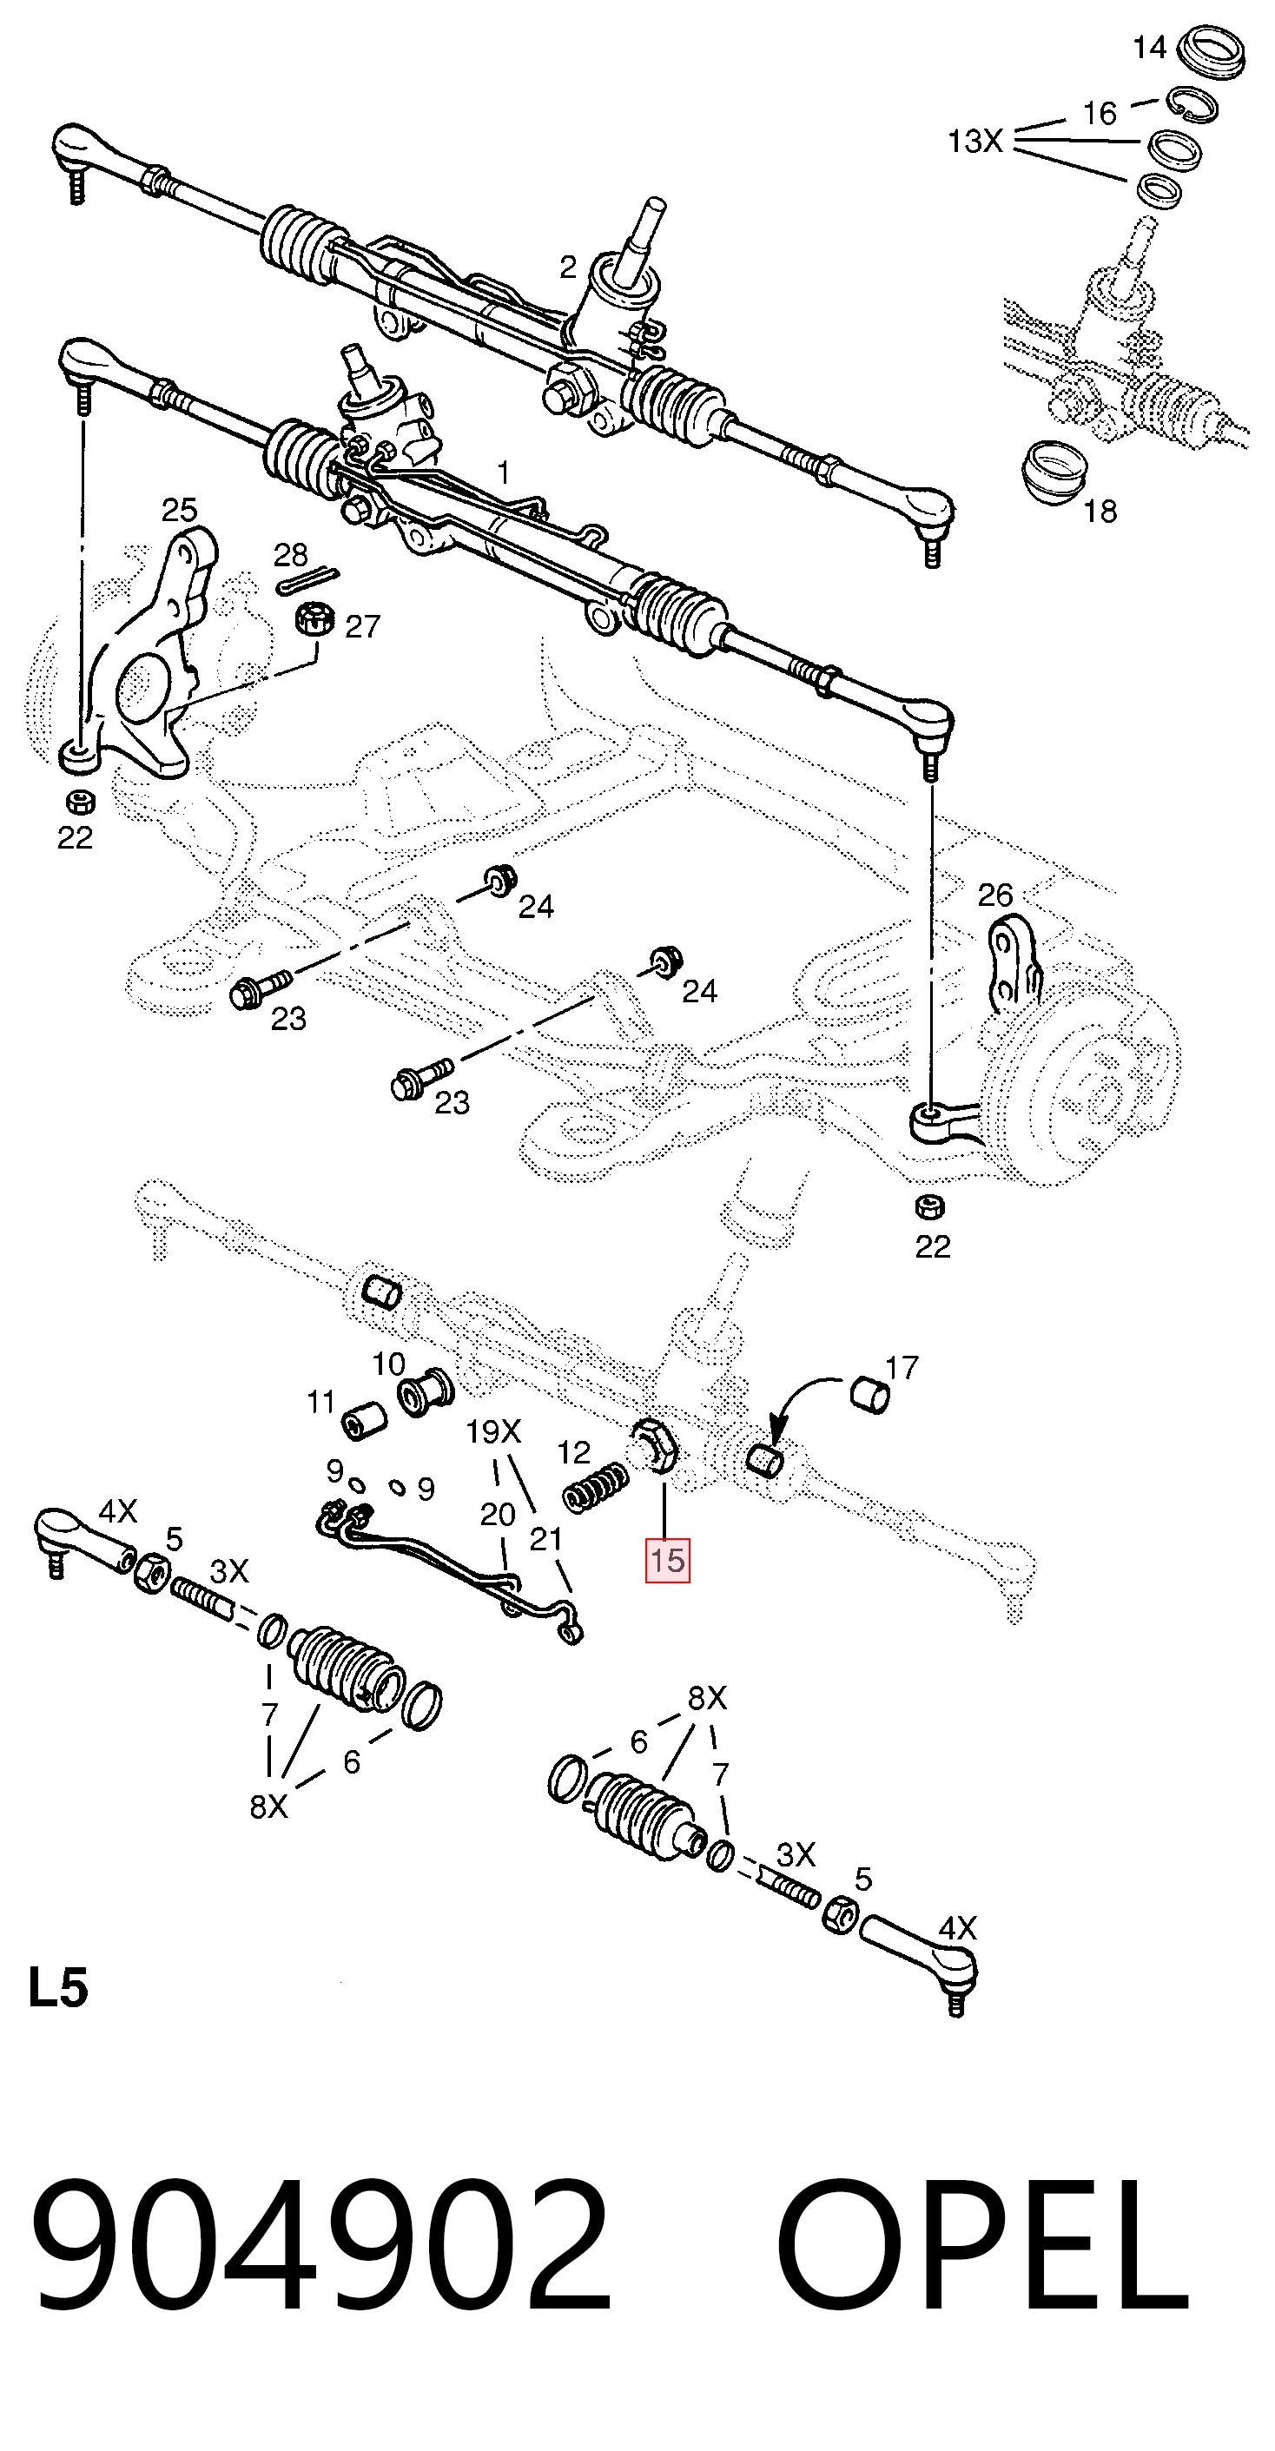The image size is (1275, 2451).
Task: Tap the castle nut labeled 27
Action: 315,621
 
